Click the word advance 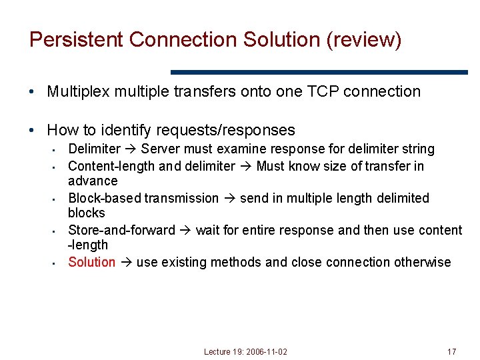pos(93,181)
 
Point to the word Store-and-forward pos(121,230)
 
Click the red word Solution pos(92,262)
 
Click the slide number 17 pos(451,351)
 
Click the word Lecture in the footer pos(217,351)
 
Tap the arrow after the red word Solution pos(126,262)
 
